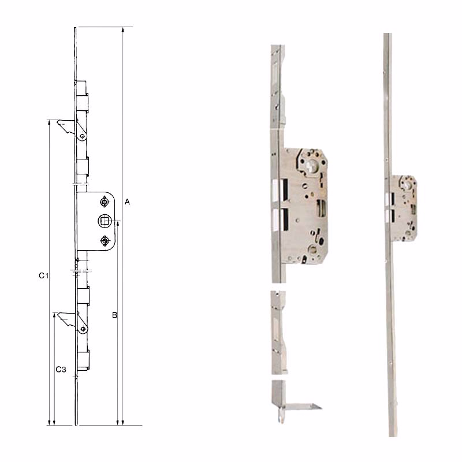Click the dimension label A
pos(127,202)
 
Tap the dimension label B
pos(114,315)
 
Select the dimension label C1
pos(44,275)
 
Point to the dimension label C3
pos(61,369)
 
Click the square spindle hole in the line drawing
pos(105,221)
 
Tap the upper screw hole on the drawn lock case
pos(105,202)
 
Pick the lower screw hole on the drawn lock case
pos(105,241)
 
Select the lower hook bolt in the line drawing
pos(67,319)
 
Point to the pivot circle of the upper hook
pos(83,136)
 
